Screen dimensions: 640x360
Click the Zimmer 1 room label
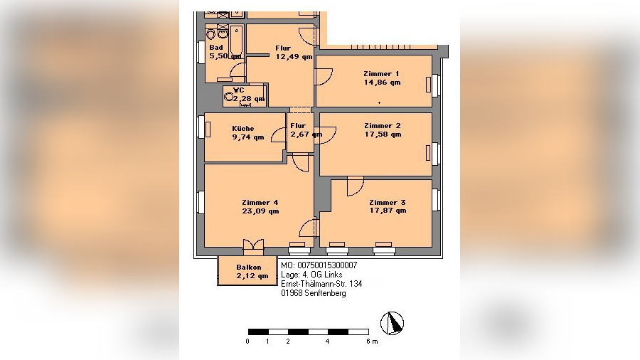coord(381,74)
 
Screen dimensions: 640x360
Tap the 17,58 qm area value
coord(383,134)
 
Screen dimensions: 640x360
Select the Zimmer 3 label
coord(388,203)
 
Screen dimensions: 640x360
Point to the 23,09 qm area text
coord(260,211)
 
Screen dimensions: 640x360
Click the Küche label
coord(243,129)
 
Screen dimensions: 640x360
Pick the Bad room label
coord(216,48)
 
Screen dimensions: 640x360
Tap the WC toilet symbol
coord(228,97)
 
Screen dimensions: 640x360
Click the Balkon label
coord(249,268)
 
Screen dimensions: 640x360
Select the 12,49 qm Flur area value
coord(294,57)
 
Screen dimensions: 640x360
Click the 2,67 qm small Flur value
coord(306,134)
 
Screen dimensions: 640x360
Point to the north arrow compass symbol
coord(393,323)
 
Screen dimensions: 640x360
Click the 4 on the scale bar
coord(327,342)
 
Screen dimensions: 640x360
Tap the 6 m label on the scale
coord(372,342)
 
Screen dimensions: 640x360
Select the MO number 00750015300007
coord(319,265)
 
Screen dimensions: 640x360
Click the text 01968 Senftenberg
coord(314,293)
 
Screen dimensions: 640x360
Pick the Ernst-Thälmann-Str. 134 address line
coord(321,284)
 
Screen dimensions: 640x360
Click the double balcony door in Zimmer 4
coord(253,245)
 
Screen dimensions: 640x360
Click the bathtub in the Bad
coord(236,43)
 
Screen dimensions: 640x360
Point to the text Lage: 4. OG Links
coord(311,275)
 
